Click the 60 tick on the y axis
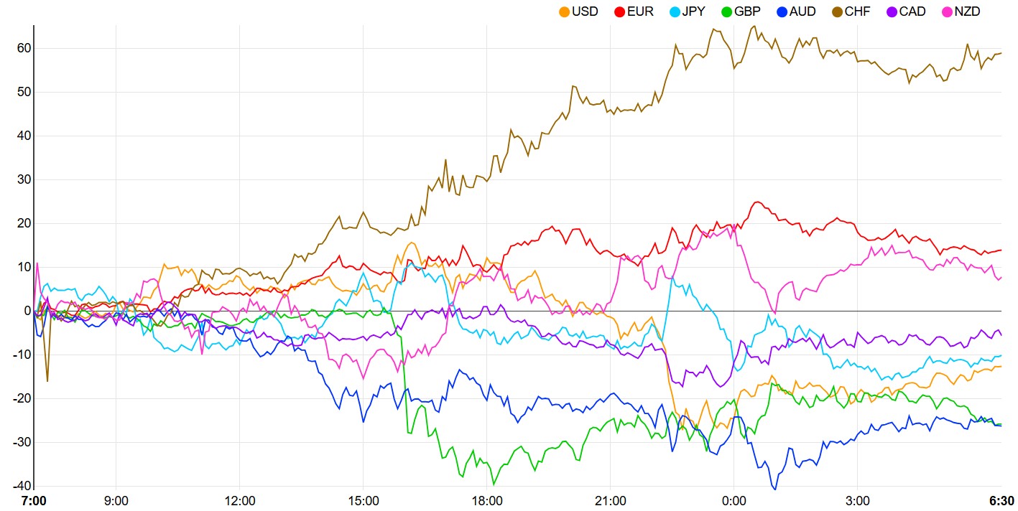pos(21,48)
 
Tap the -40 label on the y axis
pos(19,486)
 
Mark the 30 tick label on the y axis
pos(21,179)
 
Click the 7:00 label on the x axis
pos(34,500)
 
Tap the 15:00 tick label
pos(364,500)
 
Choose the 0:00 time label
pos(734,500)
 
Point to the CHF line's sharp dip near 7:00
pos(47,380)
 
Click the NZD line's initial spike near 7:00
pos(37,264)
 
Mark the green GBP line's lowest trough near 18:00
pos(494,484)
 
